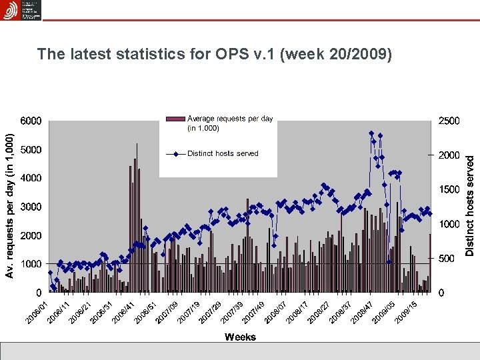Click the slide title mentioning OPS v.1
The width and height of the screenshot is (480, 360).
(214, 54)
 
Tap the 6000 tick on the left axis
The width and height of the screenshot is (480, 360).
(29, 121)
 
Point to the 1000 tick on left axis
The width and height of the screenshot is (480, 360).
(29, 264)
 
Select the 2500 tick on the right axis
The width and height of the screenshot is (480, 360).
(448, 121)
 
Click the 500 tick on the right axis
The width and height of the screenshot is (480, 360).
(446, 258)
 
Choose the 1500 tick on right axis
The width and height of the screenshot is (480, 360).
(448, 189)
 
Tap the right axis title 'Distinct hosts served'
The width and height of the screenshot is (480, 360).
(470, 205)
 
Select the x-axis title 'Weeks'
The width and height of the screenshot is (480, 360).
(240, 337)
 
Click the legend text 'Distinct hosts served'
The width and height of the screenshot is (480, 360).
(223, 153)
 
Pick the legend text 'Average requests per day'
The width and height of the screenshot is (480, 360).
(229, 123)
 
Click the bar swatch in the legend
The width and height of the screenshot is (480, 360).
(175, 119)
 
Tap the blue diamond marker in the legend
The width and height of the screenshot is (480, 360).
(175, 154)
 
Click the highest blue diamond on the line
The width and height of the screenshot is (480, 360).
(371, 133)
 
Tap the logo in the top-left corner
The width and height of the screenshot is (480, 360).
(21, 10)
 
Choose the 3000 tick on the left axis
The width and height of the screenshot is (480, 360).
(29, 207)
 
